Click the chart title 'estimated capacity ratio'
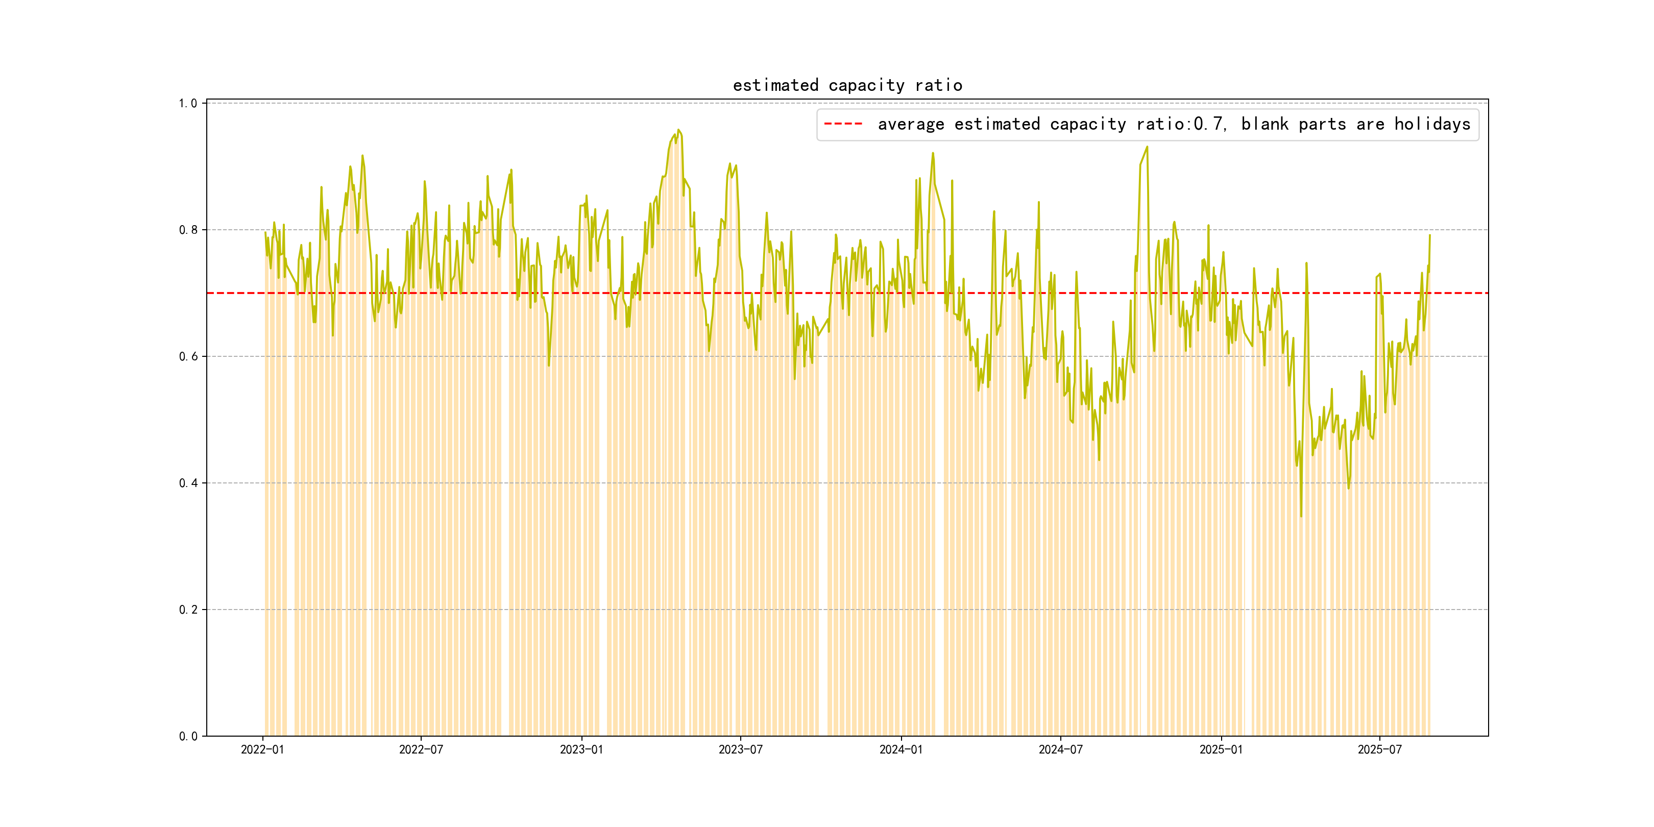[847, 85]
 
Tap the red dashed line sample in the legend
[842, 124]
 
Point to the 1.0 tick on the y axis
[188, 103]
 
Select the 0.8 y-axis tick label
[188, 230]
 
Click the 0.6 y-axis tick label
[188, 356]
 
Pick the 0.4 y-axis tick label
[188, 483]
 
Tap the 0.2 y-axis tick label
[188, 610]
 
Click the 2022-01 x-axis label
[262, 749]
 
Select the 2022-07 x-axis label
[421, 749]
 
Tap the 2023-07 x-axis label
[740, 749]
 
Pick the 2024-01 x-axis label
[901, 749]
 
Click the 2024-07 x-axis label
[1060, 749]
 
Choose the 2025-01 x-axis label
[1221, 749]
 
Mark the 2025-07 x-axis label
[1379, 749]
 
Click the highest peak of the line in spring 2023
[678, 130]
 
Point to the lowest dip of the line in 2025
[1301, 516]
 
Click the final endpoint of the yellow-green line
[1429, 235]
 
